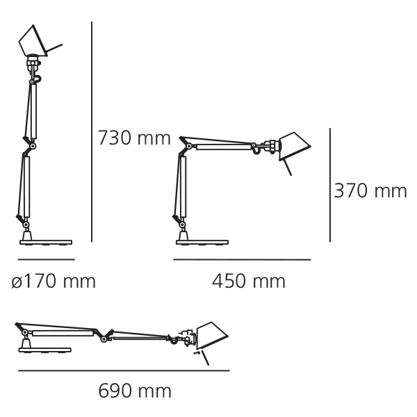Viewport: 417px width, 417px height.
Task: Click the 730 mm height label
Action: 134,138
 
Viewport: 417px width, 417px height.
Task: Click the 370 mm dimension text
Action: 370,190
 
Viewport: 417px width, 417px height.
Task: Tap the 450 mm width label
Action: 249,281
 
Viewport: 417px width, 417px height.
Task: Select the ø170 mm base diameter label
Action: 54,281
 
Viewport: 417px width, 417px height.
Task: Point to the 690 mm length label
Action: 135,391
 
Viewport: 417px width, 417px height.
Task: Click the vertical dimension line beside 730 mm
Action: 92,132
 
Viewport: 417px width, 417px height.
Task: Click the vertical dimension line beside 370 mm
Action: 330,185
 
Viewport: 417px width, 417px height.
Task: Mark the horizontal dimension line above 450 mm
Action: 242,259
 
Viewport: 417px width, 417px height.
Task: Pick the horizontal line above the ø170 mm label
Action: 47,259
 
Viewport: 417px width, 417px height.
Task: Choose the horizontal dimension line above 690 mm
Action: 124,370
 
